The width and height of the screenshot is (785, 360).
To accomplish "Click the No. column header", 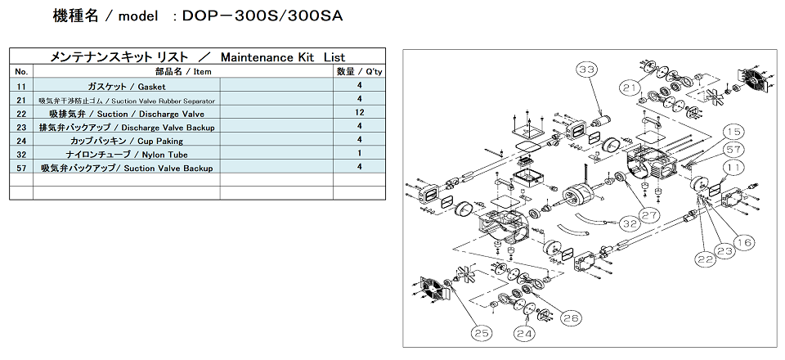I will coord(21,72).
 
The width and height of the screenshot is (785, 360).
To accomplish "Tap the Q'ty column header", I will coord(360,72).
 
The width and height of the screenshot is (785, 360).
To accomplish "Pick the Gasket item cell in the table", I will coord(126,86).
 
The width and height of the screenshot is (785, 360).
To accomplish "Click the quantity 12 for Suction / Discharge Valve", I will coord(360,113).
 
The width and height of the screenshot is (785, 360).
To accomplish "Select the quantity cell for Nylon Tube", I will coord(360,154).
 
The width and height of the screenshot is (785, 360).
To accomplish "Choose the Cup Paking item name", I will coord(126,141).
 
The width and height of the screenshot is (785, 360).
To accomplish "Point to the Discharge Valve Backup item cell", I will coord(126,127).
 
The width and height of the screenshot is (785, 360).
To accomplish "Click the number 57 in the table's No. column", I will coord(21,168).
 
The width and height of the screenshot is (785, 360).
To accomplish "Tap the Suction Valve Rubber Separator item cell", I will coord(126,100).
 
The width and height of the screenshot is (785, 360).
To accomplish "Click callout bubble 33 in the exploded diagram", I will coord(586,71).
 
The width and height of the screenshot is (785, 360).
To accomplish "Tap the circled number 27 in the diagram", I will coord(649,215).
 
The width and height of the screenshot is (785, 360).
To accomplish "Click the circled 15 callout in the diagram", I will coord(733,133).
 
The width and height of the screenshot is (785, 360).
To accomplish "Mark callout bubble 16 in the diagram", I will coord(742,241).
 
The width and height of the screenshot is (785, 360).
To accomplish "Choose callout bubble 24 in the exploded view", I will coord(523,334).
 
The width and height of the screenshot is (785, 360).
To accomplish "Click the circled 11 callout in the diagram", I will coord(735,167).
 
